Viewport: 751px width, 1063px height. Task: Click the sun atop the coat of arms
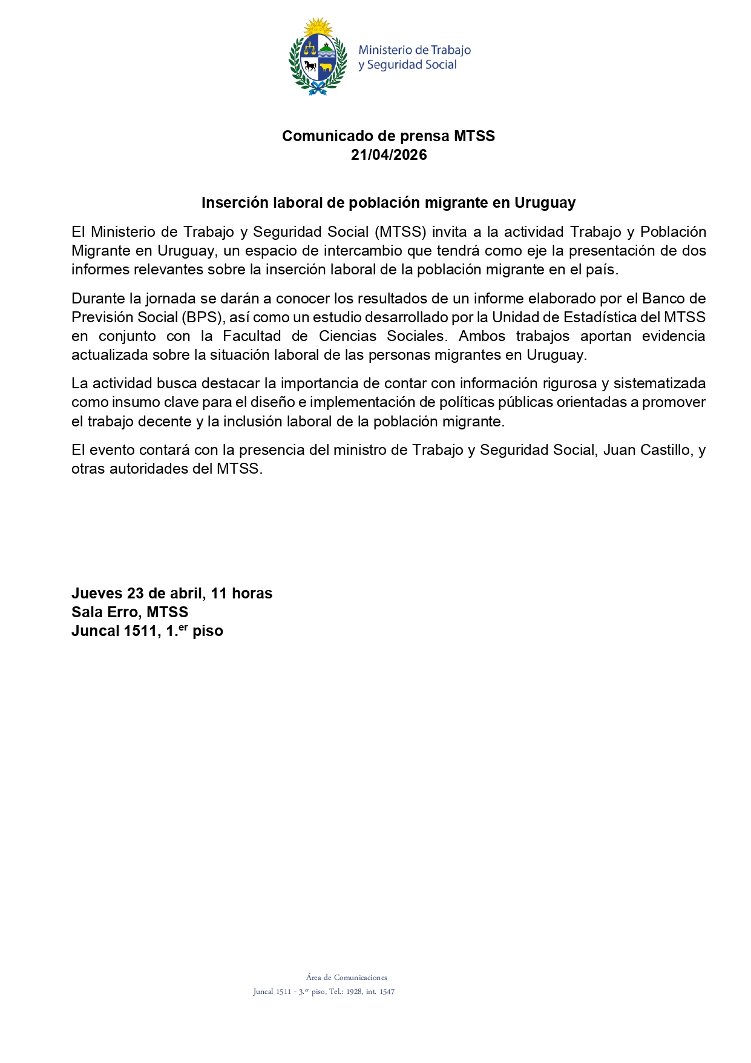[318, 27]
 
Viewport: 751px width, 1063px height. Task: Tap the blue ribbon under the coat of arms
[318, 90]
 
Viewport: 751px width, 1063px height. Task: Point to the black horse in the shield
[310, 65]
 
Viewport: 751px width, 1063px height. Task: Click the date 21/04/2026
[389, 155]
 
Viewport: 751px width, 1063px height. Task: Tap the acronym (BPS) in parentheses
[202, 317]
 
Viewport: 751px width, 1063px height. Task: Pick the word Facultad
[252, 336]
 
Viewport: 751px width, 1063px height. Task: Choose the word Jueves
[97, 594]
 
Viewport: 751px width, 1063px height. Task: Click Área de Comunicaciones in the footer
[346, 977]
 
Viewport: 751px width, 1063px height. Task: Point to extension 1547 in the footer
[387, 992]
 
